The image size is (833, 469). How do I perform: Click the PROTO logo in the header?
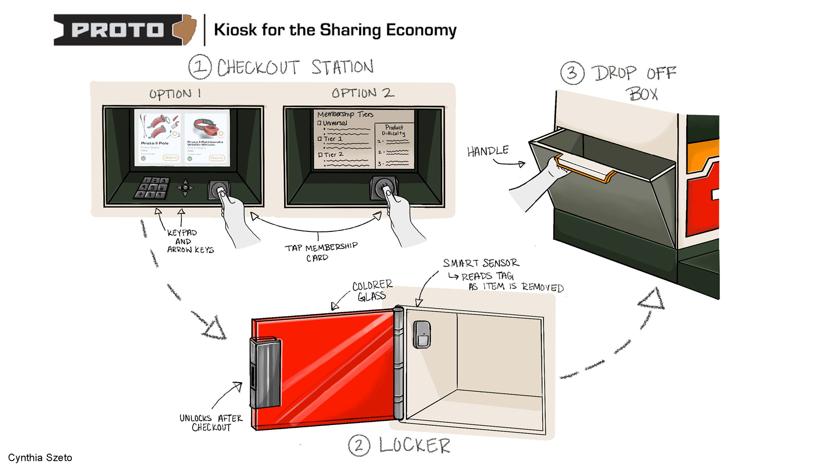[x=125, y=30]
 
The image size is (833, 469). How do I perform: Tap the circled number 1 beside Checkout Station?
[x=200, y=67]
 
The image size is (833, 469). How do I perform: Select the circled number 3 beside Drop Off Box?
[x=572, y=73]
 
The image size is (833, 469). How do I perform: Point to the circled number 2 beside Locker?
[x=359, y=446]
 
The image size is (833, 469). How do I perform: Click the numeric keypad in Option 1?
[x=152, y=188]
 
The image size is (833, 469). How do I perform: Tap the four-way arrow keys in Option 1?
[x=185, y=188]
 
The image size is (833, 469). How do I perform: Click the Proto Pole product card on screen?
[x=157, y=138]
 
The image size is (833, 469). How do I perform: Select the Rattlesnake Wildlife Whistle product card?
[x=207, y=138]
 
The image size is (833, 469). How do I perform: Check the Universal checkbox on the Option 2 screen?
[x=319, y=123]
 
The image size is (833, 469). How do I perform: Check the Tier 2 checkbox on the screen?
[x=320, y=155]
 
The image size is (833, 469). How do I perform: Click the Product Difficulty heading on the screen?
[x=394, y=130]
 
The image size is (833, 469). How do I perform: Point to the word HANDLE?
[x=488, y=151]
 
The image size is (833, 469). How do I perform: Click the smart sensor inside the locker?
[x=422, y=334]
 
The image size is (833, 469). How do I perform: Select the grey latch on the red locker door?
[x=265, y=373]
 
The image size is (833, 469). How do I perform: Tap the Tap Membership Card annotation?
[x=321, y=252]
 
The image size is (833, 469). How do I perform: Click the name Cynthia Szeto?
[x=40, y=458]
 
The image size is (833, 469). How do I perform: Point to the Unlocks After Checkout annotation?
[x=211, y=423]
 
